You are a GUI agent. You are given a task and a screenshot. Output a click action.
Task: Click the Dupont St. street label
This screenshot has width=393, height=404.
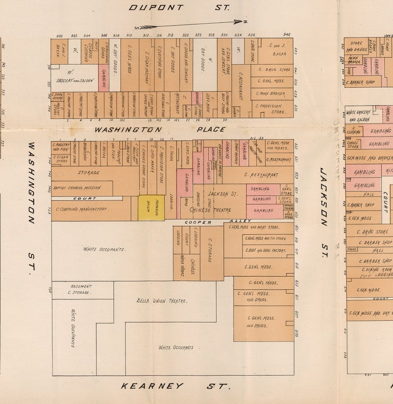(179, 7)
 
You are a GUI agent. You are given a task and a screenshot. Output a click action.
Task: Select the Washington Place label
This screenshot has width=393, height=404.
(159, 129)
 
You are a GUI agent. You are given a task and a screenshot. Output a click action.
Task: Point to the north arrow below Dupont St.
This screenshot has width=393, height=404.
(191, 24)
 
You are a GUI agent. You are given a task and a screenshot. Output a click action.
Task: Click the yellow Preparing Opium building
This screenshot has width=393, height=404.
(151, 208)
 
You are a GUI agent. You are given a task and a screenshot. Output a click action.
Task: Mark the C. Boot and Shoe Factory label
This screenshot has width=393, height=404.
(265, 251)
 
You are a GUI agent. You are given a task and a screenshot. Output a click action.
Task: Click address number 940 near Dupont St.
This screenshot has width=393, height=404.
(286, 35)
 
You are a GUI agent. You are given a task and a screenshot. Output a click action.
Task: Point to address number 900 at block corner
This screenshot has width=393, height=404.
(60, 36)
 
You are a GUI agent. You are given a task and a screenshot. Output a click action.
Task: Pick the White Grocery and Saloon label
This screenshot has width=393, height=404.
(358, 116)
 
